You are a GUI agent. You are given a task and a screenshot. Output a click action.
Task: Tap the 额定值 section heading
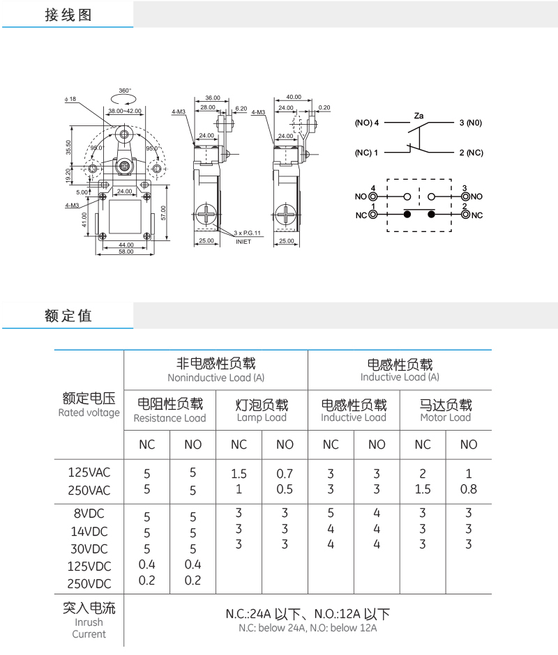[x=68, y=316]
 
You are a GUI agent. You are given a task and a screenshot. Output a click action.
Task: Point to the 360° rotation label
[x=125, y=91]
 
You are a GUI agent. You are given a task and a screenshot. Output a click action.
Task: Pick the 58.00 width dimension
[x=126, y=251]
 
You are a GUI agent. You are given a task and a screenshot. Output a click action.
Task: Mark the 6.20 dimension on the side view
[x=241, y=108]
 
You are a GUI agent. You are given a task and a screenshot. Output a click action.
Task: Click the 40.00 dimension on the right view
[x=294, y=97]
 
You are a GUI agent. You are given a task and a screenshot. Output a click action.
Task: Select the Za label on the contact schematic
[x=420, y=114]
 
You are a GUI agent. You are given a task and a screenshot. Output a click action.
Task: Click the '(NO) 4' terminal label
[x=367, y=123]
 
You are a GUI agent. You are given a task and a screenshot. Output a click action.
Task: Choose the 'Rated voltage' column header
[x=89, y=413]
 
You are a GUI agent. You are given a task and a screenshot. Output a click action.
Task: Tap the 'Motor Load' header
[x=446, y=417]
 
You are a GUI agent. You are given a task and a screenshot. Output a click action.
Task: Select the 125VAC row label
[x=89, y=472]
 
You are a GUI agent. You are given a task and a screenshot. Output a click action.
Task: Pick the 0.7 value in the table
[x=285, y=474]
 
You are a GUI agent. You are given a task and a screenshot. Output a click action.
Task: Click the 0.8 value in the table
[x=469, y=489]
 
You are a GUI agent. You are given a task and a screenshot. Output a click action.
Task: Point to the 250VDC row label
[x=89, y=583]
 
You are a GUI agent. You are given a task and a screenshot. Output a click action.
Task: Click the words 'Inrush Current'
[x=89, y=628]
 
